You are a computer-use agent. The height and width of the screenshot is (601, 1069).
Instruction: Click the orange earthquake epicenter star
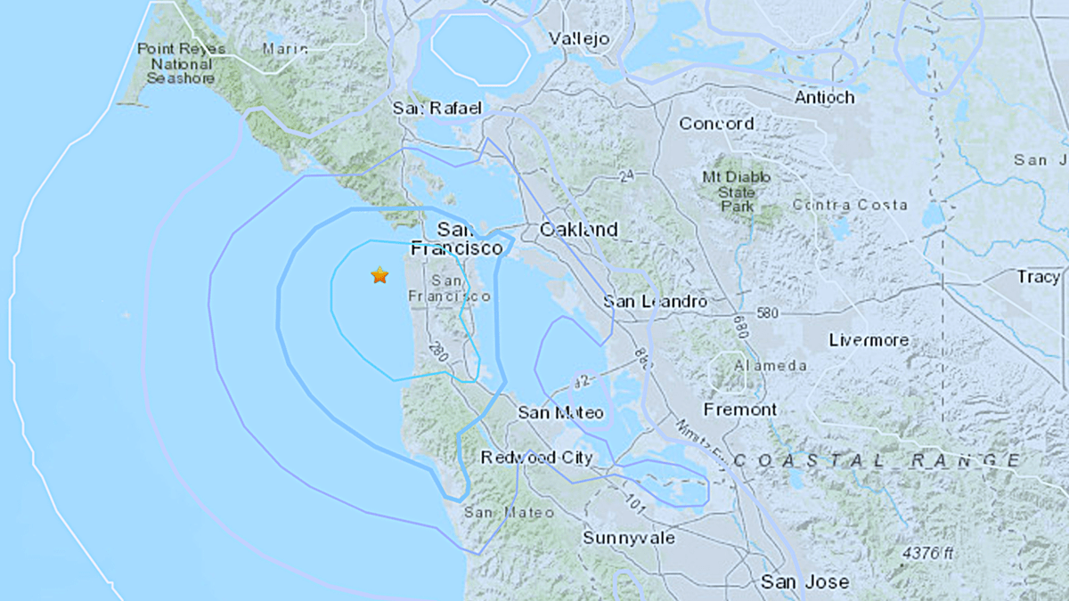point(379,275)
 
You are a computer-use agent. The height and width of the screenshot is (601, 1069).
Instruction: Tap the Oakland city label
point(579,230)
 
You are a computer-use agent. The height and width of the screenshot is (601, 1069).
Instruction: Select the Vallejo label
point(579,38)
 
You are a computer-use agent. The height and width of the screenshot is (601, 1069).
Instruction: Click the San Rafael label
point(437,109)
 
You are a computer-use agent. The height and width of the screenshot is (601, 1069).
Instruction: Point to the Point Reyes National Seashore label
point(175,63)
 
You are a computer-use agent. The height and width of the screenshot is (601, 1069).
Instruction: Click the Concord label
point(716,124)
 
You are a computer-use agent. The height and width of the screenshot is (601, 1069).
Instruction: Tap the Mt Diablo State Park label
point(736,191)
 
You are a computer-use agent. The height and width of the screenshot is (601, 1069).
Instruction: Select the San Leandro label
point(655,302)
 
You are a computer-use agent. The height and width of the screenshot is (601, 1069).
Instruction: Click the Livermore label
point(869,340)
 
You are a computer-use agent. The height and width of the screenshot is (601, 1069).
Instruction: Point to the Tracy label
point(1038,277)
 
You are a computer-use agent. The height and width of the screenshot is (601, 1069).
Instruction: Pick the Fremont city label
point(740,410)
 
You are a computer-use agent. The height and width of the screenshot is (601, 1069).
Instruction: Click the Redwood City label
point(536,458)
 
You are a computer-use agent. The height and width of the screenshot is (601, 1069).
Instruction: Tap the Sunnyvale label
point(629,538)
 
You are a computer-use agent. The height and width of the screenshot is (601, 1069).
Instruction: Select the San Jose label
point(804,582)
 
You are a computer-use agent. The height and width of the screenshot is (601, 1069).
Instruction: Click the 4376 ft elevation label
point(929,553)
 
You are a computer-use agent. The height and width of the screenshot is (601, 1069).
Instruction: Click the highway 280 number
point(437,349)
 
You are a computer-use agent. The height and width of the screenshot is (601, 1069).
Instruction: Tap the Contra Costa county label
point(850,206)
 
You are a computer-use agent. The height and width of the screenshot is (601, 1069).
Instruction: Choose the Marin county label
point(285,49)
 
